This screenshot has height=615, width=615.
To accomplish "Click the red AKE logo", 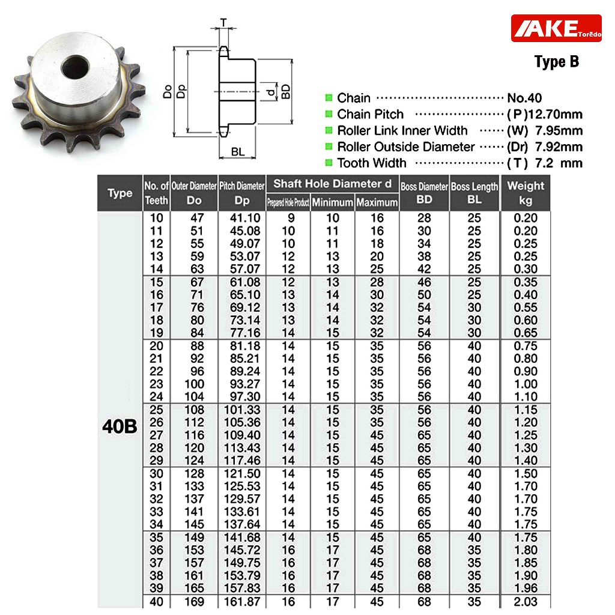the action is [x=556, y=28].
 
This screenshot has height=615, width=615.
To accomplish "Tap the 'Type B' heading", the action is [x=557, y=62].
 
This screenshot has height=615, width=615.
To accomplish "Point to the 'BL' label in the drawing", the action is [x=238, y=151].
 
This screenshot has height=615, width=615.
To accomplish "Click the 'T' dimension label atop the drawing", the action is [x=223, y=23].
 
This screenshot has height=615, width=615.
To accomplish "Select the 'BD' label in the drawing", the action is [x=286, y=91].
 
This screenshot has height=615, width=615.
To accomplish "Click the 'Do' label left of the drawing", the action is [x=168, y=92].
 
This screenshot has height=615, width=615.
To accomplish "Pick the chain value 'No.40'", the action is [x=524, y=98].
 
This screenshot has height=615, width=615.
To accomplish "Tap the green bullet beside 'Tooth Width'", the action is [x=329, y=162].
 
